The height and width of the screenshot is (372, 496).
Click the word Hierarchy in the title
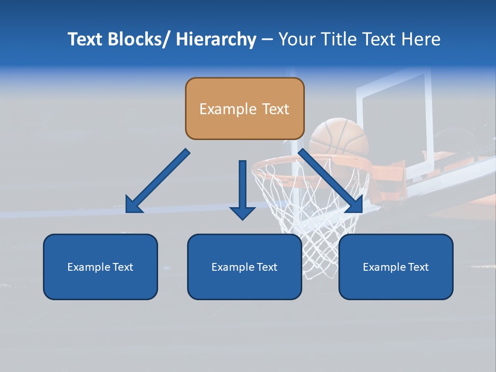(216, 40)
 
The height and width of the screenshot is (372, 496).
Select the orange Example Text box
(244, 109)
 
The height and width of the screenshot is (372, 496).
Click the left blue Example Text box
(100, 267)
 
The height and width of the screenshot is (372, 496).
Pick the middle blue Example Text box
(244, 267)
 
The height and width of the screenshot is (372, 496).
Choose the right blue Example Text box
(396, 267)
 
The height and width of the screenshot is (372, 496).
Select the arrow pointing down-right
(331, 182)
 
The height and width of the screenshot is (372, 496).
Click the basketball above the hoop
(338, 137)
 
